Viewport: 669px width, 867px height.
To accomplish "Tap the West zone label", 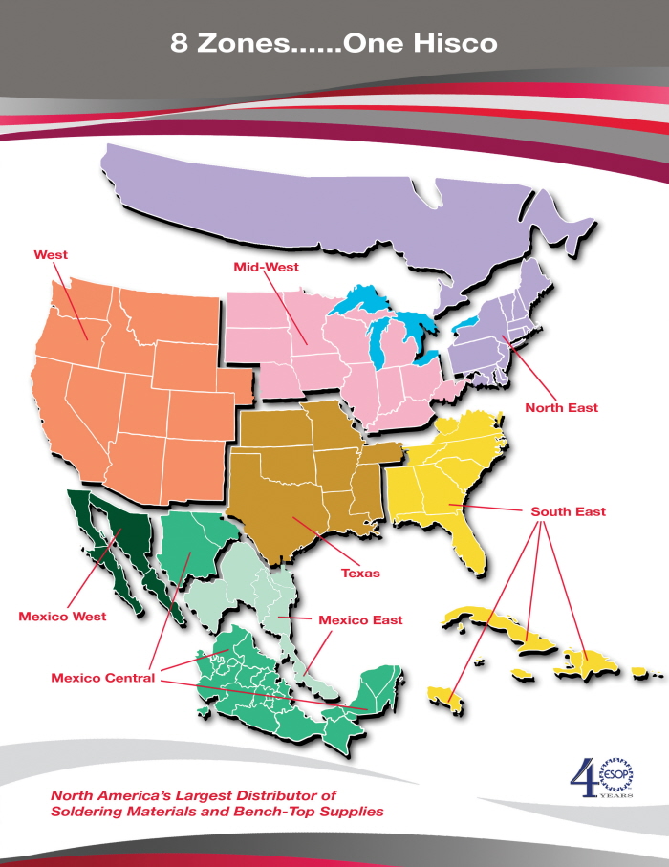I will [x=51, y=255].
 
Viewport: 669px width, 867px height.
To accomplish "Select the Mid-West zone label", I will [x=266, y=267].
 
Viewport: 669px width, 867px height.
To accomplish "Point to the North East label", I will [x=561, y=408].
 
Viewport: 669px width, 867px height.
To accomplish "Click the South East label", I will [x=568, y=512].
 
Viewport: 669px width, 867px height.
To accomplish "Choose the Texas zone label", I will [x=360, y=574].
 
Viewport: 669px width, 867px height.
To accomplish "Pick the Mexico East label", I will [x=360, y=620].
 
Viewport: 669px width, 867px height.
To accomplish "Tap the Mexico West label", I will [x=62, y=617].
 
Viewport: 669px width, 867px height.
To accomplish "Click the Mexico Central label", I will [x=102, y=679].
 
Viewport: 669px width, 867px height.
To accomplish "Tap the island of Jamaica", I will [x=445, y=695].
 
